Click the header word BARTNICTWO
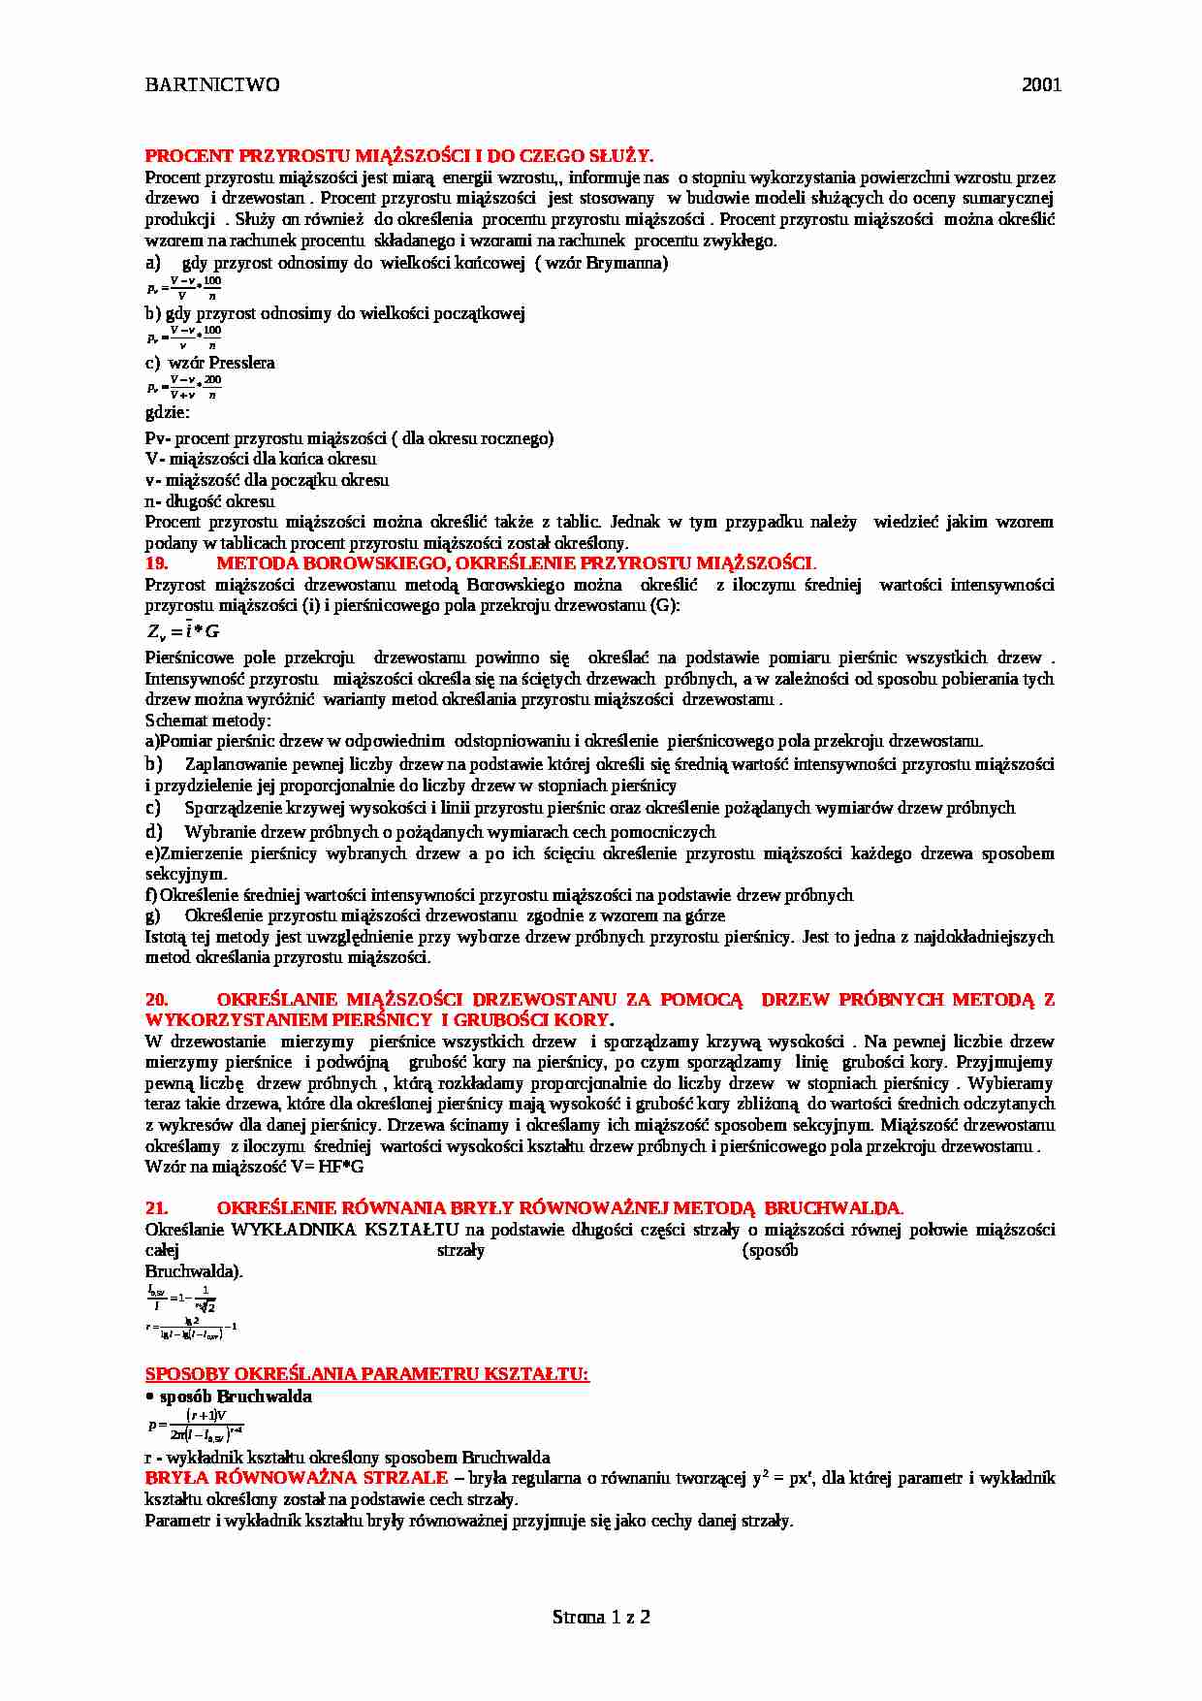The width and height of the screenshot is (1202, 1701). (212, 84)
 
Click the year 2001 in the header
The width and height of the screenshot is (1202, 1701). (1041, 84)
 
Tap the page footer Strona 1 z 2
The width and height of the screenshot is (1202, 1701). (601, 1617)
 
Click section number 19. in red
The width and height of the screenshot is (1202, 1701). (156, 563)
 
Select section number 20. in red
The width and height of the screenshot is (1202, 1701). (156, 999)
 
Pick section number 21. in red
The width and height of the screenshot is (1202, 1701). (156, 1207)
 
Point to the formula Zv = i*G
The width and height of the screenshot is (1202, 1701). (183, 632)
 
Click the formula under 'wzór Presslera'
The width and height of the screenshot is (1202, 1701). (184, 387)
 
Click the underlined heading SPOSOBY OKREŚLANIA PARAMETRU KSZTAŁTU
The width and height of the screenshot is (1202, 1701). (366, 1374)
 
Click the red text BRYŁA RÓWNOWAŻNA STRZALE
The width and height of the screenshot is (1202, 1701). (296, 1478)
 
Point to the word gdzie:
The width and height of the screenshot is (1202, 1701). (168, 412)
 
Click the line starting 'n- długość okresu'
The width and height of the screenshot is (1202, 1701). (209, 501)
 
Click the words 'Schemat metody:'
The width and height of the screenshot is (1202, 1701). (207, 721)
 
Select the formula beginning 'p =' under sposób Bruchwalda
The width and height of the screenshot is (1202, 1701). (195, 1426)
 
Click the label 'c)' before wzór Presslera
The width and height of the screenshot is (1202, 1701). (152, 363)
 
